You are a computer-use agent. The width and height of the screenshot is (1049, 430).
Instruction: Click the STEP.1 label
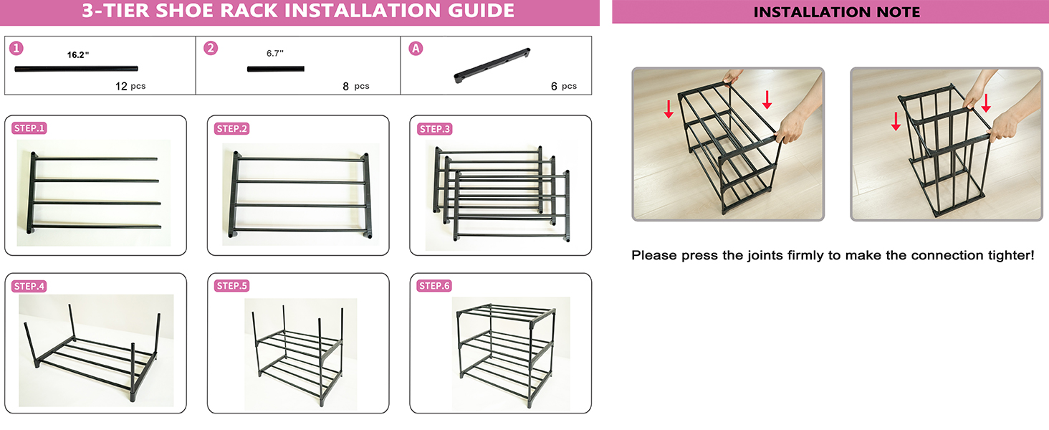(x=29, y=128)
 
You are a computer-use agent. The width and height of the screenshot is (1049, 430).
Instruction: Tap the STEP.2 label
(x=232, y=129)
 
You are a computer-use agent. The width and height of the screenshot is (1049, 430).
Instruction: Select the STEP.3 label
(x=435, y=129)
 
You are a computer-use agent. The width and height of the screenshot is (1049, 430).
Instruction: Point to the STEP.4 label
(x=29, y=286)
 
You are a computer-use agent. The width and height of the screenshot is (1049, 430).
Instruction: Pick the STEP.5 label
(x=232, y=286)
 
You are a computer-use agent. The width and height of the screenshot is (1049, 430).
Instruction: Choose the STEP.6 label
(x=435, y=286)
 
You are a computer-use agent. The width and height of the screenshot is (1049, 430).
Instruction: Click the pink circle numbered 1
(x=16, y=48)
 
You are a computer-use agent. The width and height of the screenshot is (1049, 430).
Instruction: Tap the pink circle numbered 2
(x=211, y=48)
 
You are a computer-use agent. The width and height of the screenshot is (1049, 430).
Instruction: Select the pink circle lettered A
(x=416, y=48)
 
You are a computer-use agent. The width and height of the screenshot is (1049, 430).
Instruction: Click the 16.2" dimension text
(x=77, y=54)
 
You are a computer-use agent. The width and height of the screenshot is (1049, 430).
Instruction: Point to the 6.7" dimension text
(x=275, y=54)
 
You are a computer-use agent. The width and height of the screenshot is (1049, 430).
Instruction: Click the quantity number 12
(x=121, y=86)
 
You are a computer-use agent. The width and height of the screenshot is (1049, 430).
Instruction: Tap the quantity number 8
(x=345, y=86)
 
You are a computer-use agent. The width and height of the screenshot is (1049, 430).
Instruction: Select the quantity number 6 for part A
(x=554, y=86)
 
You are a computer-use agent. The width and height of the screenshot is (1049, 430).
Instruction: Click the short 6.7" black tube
(x=276, y=69)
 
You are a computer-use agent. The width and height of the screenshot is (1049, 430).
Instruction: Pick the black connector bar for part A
(x=492, y=65)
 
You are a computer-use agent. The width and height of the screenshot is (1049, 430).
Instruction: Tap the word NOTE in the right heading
(x=900, y=12)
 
